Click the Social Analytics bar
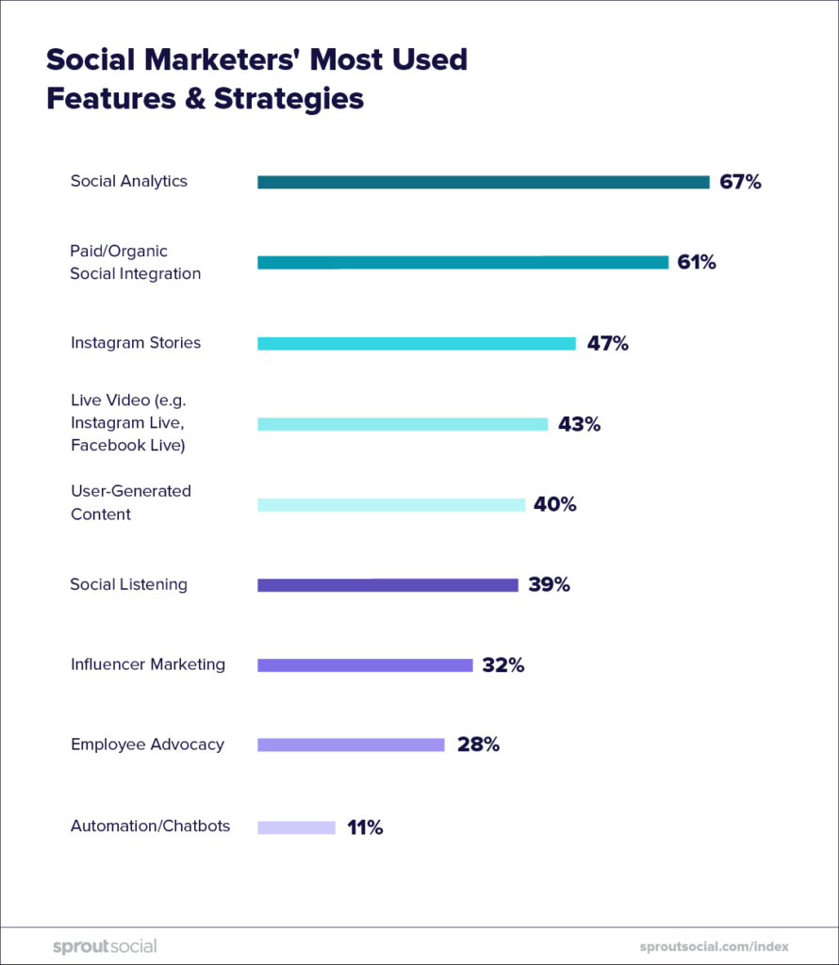tap(483, 182)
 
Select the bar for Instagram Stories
tap(416, 344)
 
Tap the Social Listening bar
tap(387, 585)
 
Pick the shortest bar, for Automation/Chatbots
tap(296, 827)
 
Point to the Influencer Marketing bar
tap(365, 665)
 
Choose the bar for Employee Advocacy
tap(351, 744)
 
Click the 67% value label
tap(740, 182)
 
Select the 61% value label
tap(697, 262)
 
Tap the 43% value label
tap(579, 424)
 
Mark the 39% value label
tap(549, 584)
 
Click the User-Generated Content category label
tap(130, 502)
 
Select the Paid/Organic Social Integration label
tap(135, 262)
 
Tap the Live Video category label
tap(128, 422)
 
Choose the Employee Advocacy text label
tap(147, 744)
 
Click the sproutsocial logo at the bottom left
tap(105, 946)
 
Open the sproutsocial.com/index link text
tap(713, 946)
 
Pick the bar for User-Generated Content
tap(391, 505)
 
